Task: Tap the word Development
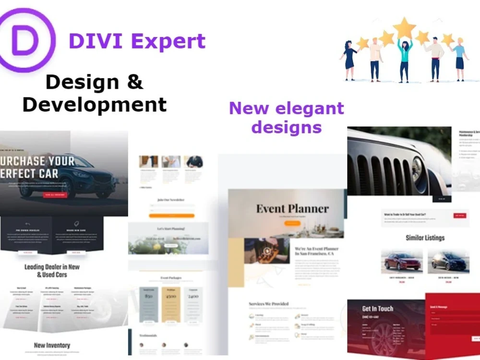[95, 104]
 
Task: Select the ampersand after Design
[135, 82]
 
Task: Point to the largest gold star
[404, 28]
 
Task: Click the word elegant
[307, 108]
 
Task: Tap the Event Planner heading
[292, 209]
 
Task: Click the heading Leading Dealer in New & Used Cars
[52, 271]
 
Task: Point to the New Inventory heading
[52, 345]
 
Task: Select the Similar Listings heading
[425, 238]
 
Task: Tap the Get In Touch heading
[377, 309]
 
